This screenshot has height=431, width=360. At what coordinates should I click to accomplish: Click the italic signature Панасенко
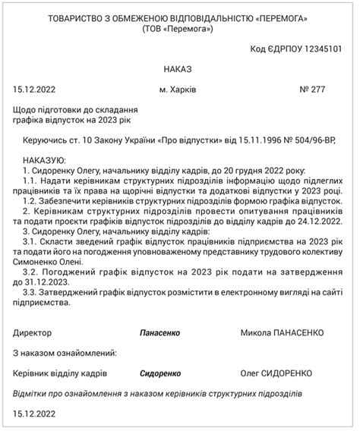160,333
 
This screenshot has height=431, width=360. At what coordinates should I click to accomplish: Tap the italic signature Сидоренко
160,374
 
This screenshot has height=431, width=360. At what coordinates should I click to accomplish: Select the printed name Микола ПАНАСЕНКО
282,333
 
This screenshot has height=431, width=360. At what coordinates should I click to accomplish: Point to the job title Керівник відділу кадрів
60,374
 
